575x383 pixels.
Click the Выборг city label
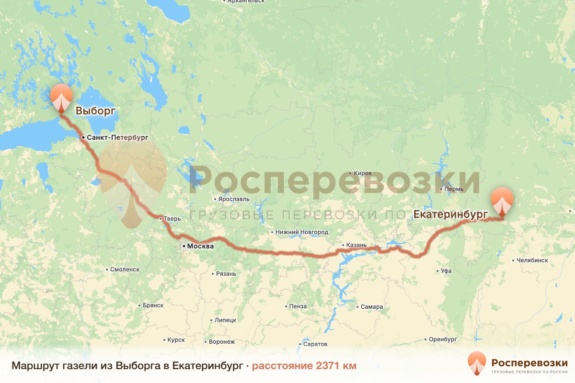coord(96,112)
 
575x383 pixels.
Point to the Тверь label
coord(172,219)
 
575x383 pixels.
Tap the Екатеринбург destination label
coord(450,214)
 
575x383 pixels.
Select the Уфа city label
coord(446,271)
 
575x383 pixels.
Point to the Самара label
coord(372,307)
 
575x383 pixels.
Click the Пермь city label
coord(454,189)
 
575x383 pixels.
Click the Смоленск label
coord(125,270)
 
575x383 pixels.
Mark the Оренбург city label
coord(443,339)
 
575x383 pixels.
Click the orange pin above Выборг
coord(61,97)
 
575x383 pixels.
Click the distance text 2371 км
coord(304,366)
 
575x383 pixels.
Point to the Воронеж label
coord(222,342)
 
